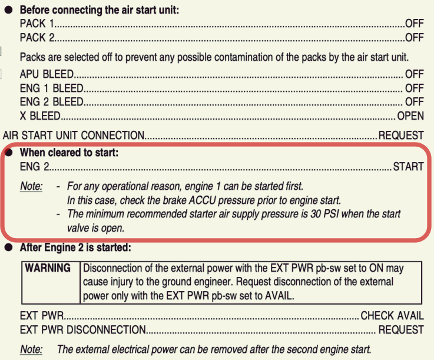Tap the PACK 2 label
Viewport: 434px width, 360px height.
37,38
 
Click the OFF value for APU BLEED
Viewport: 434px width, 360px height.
414,74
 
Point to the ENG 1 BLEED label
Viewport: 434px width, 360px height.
51,88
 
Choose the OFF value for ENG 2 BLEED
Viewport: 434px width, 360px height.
414,102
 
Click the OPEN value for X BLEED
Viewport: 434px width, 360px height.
410,116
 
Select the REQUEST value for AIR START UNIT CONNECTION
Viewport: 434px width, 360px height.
400,135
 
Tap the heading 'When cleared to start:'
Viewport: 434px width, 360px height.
69,153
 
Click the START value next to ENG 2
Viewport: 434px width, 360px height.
408,167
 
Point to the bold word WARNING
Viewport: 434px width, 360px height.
48,268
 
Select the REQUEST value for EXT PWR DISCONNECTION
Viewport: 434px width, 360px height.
400,329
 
